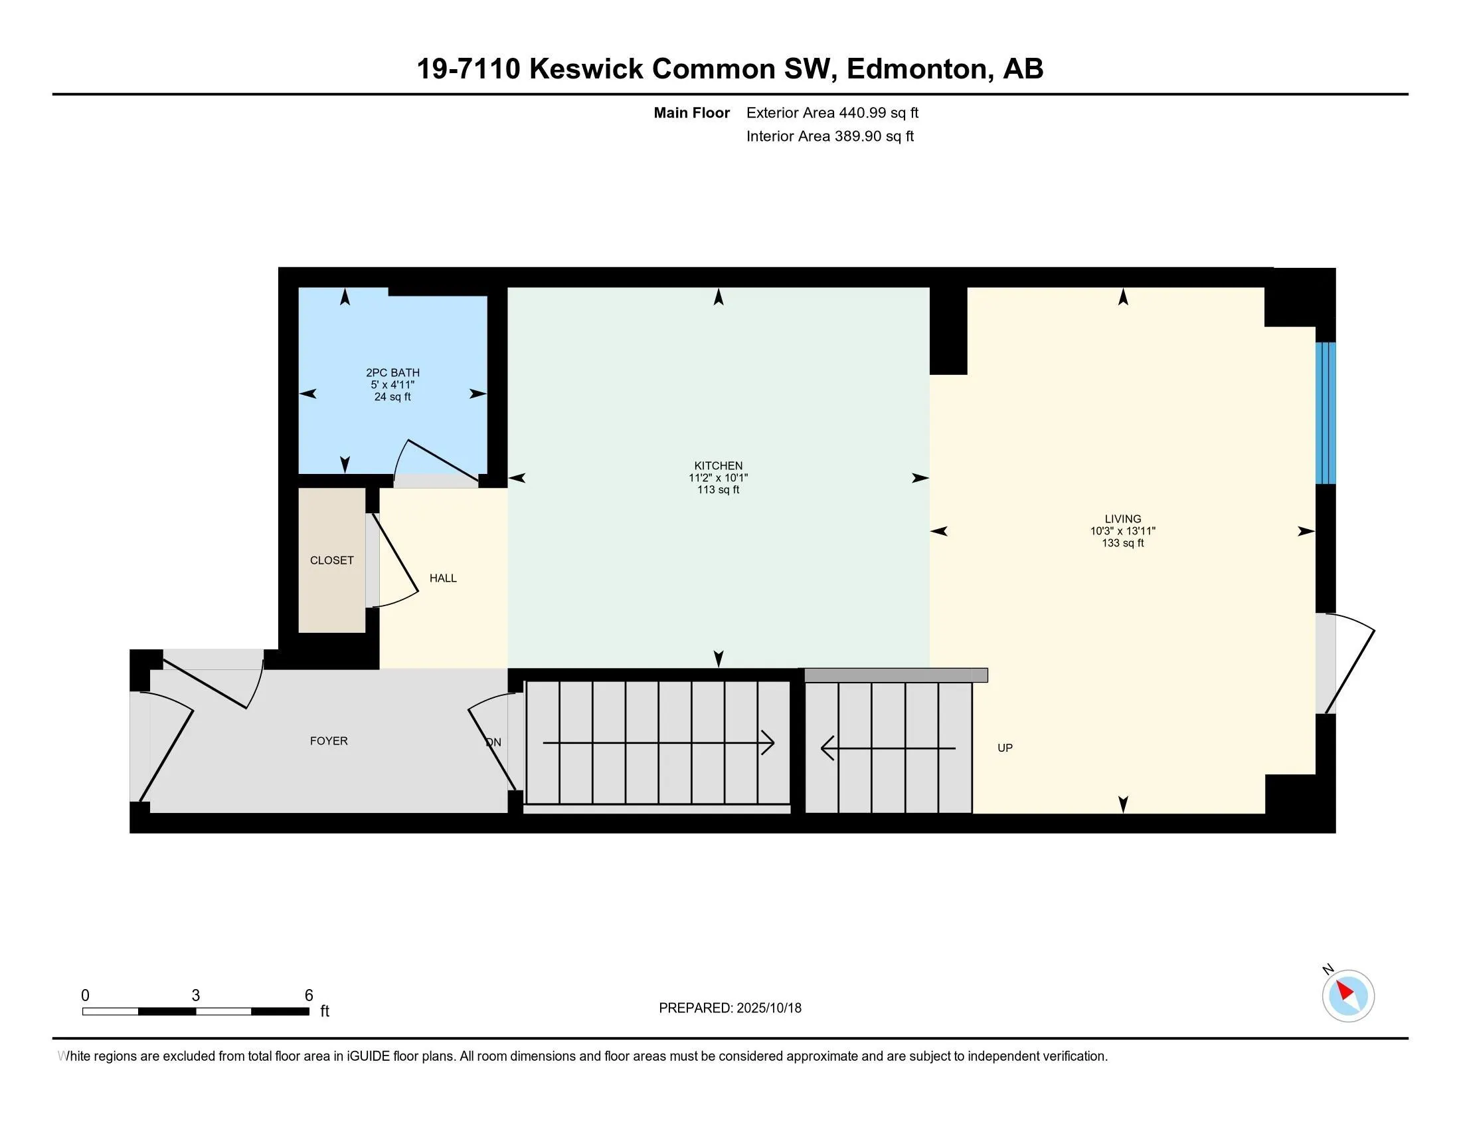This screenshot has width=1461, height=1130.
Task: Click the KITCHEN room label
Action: click(718, 465)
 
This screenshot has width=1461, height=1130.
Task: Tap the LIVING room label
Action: click(1122, 519)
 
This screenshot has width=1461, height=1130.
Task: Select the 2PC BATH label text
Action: click(392, 373)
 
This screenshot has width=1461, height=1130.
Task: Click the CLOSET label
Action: click(332, 560)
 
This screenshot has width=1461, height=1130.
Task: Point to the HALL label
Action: click(443, 578)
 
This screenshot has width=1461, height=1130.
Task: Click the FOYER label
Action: click(329, 741)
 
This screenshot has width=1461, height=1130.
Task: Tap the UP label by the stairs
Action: click(1005, 748)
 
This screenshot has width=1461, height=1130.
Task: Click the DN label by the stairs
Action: click(493, 742)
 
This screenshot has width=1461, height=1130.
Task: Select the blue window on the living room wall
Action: click(1326, 413)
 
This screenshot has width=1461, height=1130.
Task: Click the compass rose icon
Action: click(1347, 996)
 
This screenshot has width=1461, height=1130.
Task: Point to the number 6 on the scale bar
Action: click(309, 996)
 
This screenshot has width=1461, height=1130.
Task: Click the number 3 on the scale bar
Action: click(195, 996)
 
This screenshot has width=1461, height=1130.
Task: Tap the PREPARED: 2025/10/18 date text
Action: click(730, 1008)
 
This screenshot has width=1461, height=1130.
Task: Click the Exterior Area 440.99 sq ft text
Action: click(832, 113)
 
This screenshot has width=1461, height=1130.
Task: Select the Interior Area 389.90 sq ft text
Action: click(829, 136)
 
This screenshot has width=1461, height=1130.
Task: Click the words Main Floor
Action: click(691, 113)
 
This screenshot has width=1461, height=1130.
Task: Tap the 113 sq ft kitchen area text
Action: click(718, 490)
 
